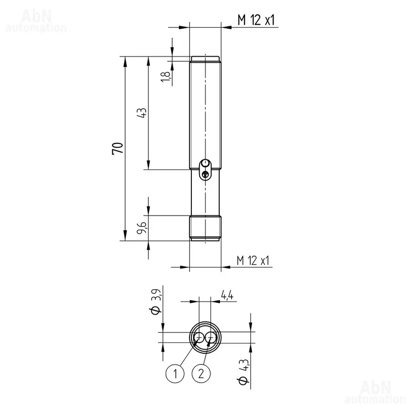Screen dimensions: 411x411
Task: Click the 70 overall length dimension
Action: click(x=117, y=148)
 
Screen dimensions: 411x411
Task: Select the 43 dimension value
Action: click(x=142, y=113)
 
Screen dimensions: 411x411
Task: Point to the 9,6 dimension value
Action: click(x=142, y=227)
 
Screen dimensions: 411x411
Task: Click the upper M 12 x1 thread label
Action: click(x=256, y=20)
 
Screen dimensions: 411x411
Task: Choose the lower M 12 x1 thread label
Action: click(x=253, y=261)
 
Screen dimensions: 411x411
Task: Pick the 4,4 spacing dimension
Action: click(x=227, y=295)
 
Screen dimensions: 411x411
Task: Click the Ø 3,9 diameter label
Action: click(x=156, y=301)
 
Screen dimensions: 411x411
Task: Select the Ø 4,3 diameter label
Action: click(x=243, y=372)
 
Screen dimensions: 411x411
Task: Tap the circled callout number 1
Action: click(x=175, y=373)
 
